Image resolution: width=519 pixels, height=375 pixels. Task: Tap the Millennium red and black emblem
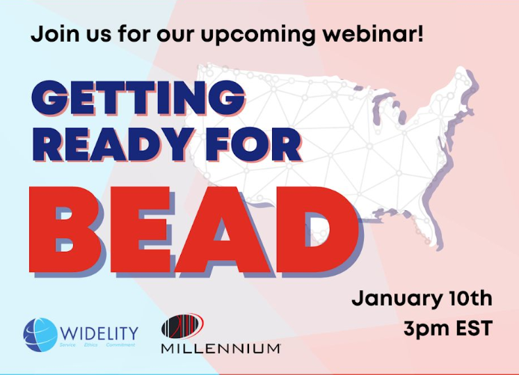[182, 327]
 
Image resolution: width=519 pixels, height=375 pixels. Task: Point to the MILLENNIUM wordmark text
[221, 347]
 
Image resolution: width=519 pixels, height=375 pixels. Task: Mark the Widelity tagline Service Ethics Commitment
[97, 344]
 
